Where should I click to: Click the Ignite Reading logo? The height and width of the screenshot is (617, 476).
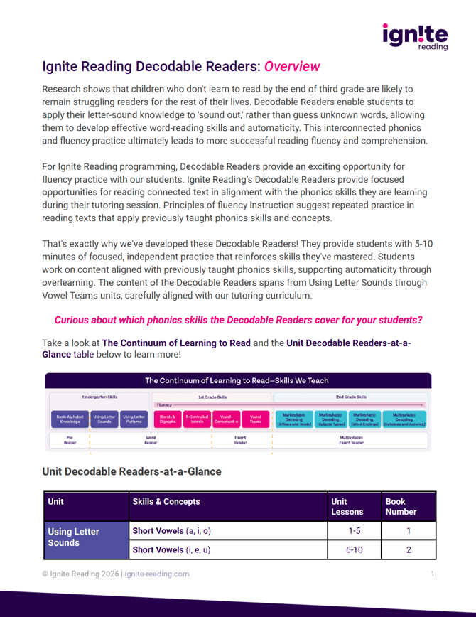click(415, 36)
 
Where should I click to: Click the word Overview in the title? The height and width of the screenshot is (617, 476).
click(292, 68)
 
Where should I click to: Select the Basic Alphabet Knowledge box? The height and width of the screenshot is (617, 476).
click(70, 419)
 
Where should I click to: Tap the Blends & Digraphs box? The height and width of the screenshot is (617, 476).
click(168, 419)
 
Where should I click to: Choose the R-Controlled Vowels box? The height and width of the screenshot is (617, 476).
click(197, 419)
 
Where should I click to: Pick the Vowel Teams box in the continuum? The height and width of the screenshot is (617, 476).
click(256, 419)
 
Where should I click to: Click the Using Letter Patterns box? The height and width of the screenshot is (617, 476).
click(134, 419)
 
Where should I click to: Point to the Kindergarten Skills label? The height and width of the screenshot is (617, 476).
click(99, 397)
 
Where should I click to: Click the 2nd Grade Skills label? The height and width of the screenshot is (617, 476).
click(352, 397)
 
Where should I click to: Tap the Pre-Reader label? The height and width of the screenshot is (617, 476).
click(70, 440)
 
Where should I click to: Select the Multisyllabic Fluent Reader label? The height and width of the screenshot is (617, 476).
click(352, 440)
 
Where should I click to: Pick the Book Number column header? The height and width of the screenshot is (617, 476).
click(401, 506)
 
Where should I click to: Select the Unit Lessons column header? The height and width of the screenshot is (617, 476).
click(347, 506)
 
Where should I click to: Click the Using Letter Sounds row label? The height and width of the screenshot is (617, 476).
click(73, 537)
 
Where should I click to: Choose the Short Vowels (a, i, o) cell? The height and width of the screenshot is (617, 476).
click(172, 531)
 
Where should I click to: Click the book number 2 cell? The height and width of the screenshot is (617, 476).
click(409, 549)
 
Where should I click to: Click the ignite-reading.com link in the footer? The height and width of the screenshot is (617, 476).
click(157, 574)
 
